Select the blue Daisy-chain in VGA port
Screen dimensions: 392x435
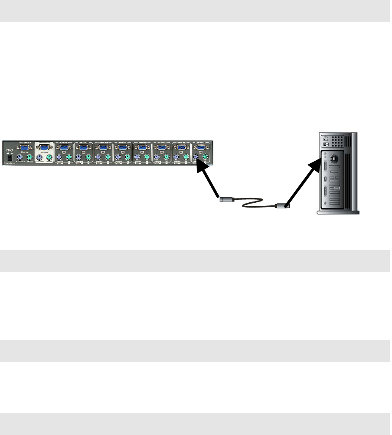(x=25, y=147)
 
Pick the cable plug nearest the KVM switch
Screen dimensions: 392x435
(x=225, y=200)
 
